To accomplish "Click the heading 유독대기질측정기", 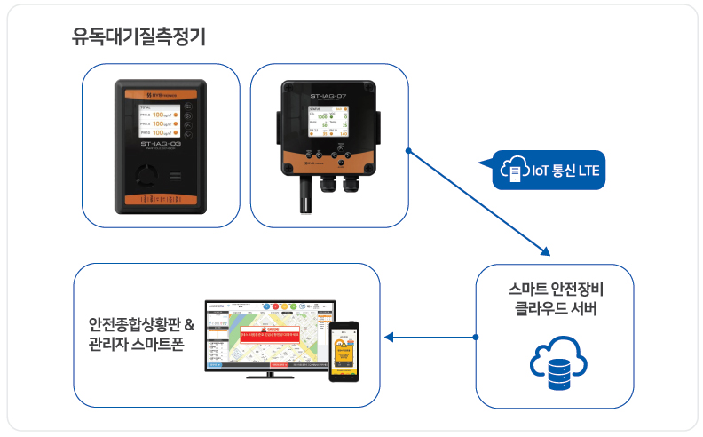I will (x=139, y=38).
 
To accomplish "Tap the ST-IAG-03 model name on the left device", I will (x=161, y=143).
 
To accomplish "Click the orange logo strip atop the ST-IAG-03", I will (x=161, y=90).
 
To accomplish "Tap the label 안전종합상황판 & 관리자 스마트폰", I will (x=141, y=335).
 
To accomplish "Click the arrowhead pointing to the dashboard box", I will (x=391, y=338).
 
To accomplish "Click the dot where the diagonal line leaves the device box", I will (x=407, y=151).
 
